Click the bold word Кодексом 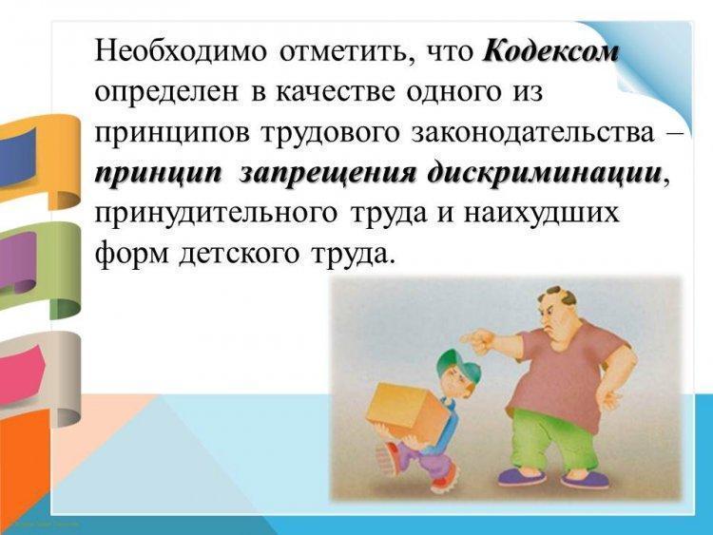pyautogui.click(x=550, y=52)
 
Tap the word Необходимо pyautogui.click(x=181, y=51)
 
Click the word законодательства pyautogui.click(x=532, y=133)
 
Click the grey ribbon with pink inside pyautogui.click(x=40, y=377)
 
